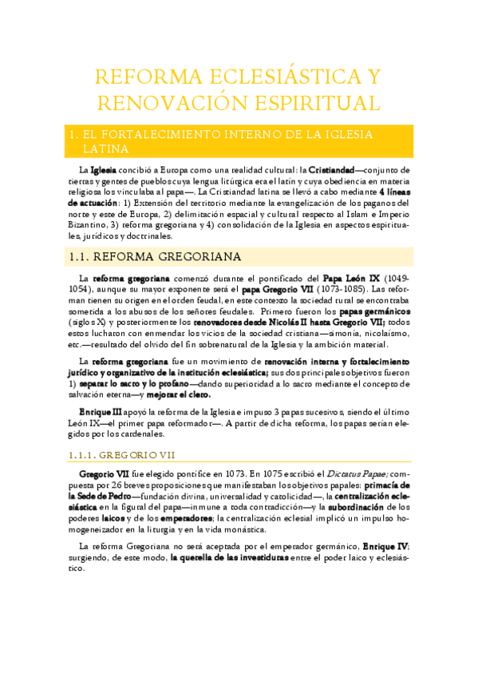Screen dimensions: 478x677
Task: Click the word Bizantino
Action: click(x=91, y=226)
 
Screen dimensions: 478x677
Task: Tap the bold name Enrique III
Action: click(x=100, y=412)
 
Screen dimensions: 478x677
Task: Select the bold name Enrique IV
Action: click(x=385, y=545)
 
